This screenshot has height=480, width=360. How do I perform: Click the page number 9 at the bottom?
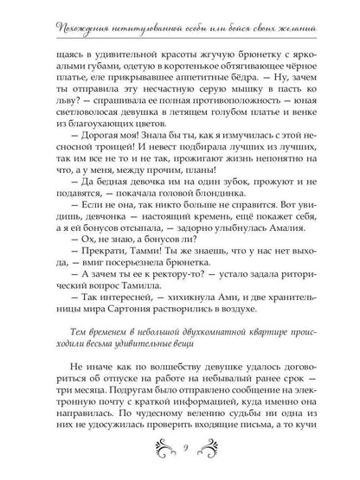pyautogui.click(x=180, y=449)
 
